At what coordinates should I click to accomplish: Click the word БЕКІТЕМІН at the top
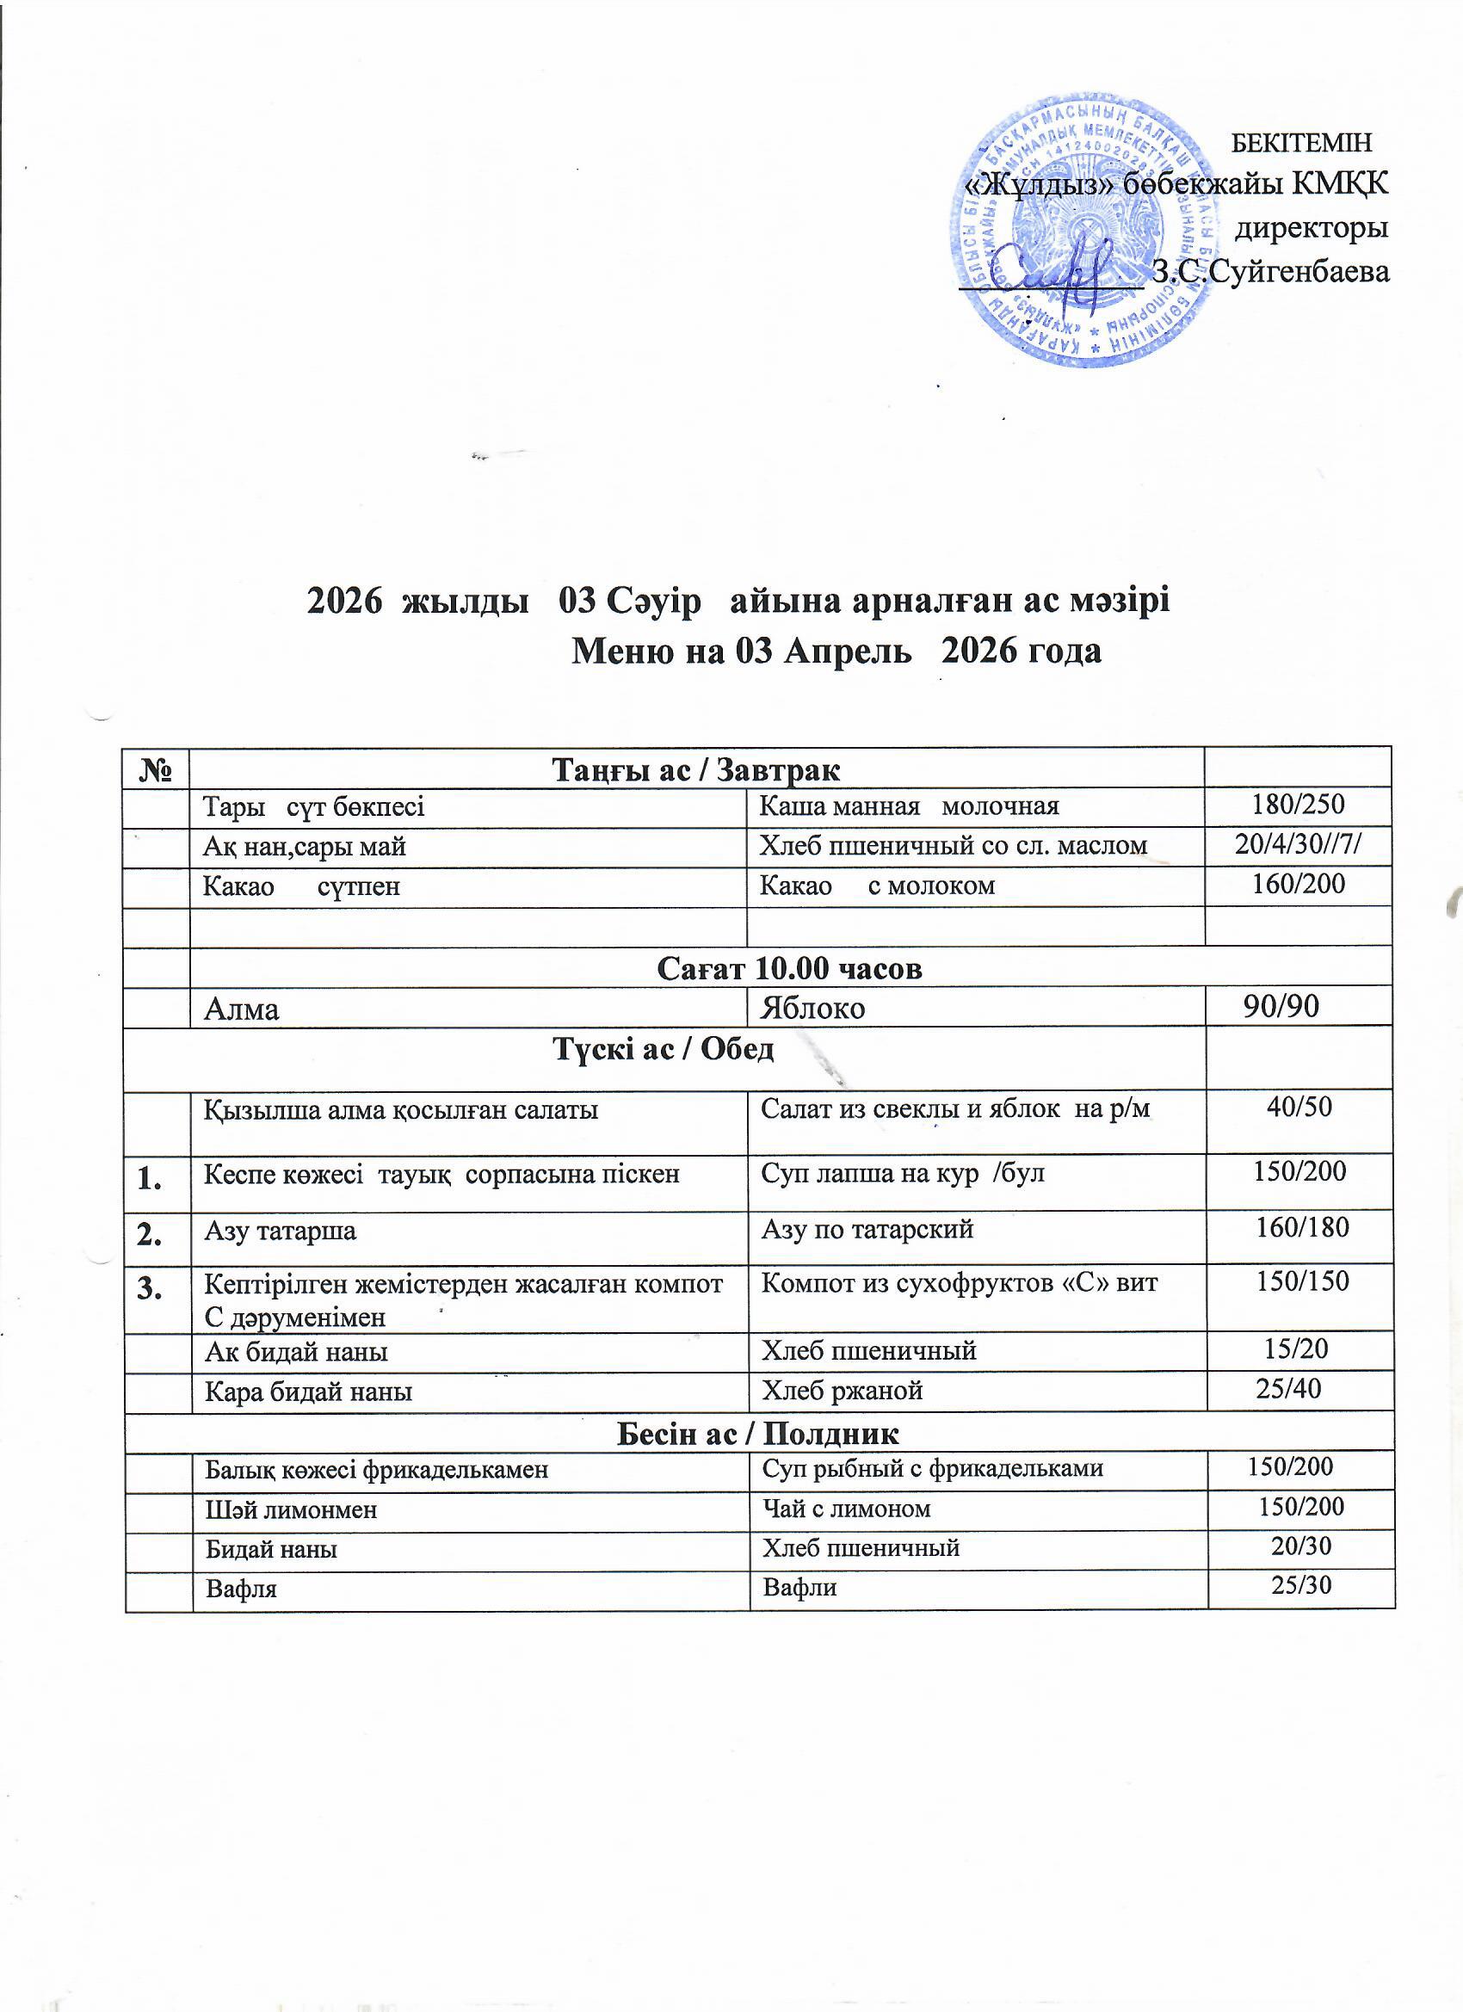1302,142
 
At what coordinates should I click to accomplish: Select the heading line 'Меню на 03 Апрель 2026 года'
836,652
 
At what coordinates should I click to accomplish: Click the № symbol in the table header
156,768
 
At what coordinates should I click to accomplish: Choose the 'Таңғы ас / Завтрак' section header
696,769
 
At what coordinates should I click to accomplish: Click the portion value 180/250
1297,805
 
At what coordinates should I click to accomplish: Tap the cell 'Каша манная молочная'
909,806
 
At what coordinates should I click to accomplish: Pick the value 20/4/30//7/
1298,844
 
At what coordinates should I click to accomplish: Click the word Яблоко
812,1009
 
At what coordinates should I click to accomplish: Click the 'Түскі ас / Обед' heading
664,1050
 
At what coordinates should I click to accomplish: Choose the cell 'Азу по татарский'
867,1230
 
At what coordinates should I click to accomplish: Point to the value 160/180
1301,1228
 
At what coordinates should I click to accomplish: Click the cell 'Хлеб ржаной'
842,1390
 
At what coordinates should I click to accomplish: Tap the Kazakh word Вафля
241,1589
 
